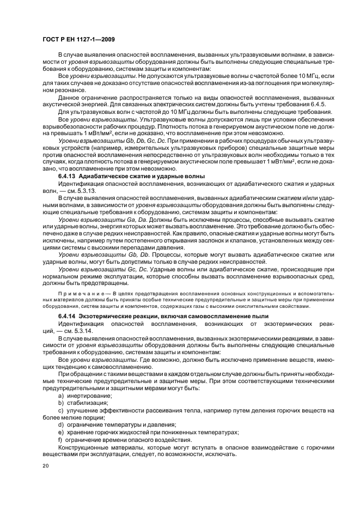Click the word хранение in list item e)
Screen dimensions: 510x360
pyautogui.click(x=80, y=432)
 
